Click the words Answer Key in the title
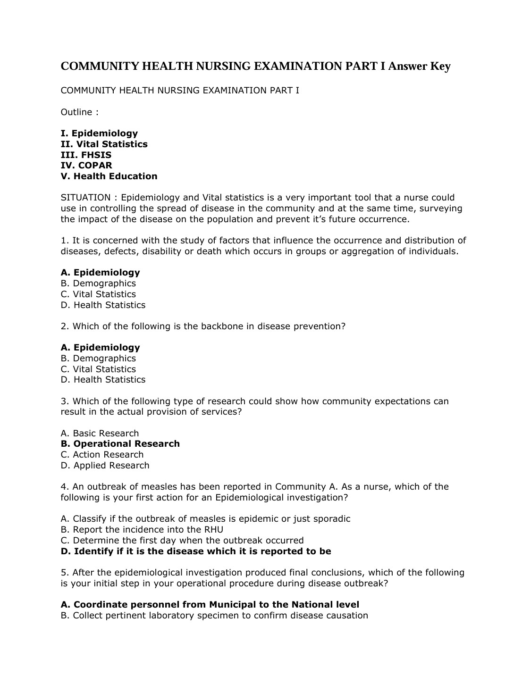(x=419, y=67)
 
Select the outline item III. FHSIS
(x=86, y=155)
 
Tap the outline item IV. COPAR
(x=86, y=166)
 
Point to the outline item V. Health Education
(x=109, y=176)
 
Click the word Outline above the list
(x=76, y=112)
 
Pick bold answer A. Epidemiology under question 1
(x=100, y=273)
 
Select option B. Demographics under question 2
(x=98, y=359)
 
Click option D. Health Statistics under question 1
(x=103, y=305)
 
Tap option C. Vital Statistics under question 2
(x=98, y=369)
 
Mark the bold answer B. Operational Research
(x=120, y=444)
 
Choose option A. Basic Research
(x=100, y=434)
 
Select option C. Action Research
(x=102, y=455)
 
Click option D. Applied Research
(x=105, y=466)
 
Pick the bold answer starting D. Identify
(x=196, y=551)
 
